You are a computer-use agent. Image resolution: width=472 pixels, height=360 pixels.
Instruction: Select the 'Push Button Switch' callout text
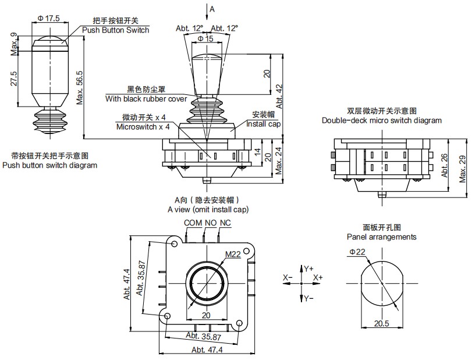click(x=115, y=30)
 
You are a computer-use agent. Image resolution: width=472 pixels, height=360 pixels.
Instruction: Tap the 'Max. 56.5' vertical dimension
click(x=80, y=87)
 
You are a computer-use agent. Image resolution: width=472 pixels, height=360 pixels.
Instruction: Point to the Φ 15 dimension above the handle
click(x=206, y=38)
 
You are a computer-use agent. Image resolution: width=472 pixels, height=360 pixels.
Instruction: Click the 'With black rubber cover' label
click(x=146, y=99)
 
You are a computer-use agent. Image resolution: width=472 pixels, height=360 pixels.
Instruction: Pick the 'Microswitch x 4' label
click(x=143, y=126)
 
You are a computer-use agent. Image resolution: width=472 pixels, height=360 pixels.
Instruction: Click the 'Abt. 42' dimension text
click(x=280, y=95)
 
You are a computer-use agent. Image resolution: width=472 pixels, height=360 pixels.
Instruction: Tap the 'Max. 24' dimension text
click(x=279, y=159)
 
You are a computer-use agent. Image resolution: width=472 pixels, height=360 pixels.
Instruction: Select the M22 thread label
click(x=233, y=254)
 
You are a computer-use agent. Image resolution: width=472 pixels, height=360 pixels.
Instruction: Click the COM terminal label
click(x=193, y=223)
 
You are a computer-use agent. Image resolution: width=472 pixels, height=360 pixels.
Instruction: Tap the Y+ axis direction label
click(x=309, y=268)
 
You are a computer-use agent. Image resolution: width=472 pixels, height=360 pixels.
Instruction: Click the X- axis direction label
click(x=288, y=278)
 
